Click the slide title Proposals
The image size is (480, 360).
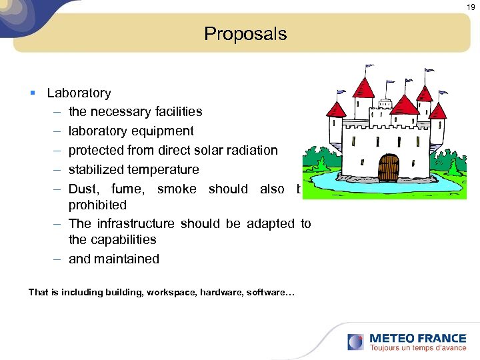click(x=245, y=34)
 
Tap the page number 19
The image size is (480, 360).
click(x=471, y=7)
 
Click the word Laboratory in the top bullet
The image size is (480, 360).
click(x=79, y=93)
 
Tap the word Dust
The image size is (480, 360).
click(x=83, y=189)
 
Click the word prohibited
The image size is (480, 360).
click(x=97, y=205)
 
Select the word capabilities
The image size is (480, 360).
click(x=124, y=239)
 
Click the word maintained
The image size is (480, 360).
click(x=127, y=259)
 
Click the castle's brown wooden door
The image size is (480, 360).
click(x=387, y=167)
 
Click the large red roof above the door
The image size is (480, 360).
click(x=404, y=104)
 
